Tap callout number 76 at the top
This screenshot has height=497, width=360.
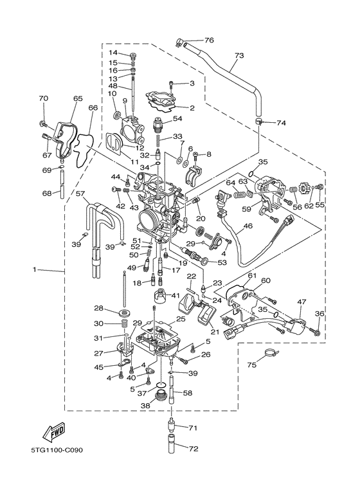(x=209, y=41)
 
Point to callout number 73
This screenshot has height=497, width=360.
(x=239, y=57)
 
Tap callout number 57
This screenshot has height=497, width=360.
(x=80, y=193)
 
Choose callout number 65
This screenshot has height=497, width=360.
(x=78, y=99)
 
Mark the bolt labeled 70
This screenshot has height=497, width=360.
(x=42, y=122)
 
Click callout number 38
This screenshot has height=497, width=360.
(x=145, y=406)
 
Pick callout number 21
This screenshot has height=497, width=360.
(x=214, y=332)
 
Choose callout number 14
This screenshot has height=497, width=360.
(x=112, y=53)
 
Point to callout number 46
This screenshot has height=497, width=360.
(x=248, y=227)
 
